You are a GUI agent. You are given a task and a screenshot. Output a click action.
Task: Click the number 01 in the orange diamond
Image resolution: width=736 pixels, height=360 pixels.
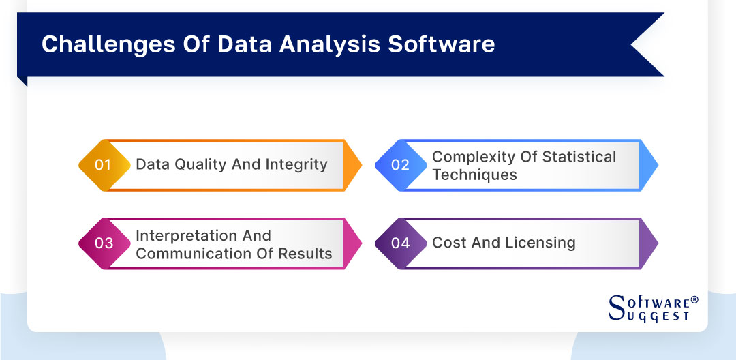pyautogui.click(x=103, y=165)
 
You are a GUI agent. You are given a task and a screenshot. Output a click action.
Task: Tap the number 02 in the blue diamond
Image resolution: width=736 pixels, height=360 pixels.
pyautogui.click(x=400, y=165)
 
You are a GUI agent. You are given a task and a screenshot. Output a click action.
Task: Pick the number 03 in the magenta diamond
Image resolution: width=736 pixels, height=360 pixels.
pyautogui.click(x=104, y=243)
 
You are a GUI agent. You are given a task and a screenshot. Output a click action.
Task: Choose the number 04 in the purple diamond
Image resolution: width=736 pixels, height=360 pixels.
pyautogui.click(x=400, y=243)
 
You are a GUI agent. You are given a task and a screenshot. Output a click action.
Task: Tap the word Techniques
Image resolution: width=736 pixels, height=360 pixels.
pyautogui.click(x=474, y=175)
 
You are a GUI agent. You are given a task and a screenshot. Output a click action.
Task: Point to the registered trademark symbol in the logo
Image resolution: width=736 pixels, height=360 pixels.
pyautogui.click(x=694, y=299)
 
